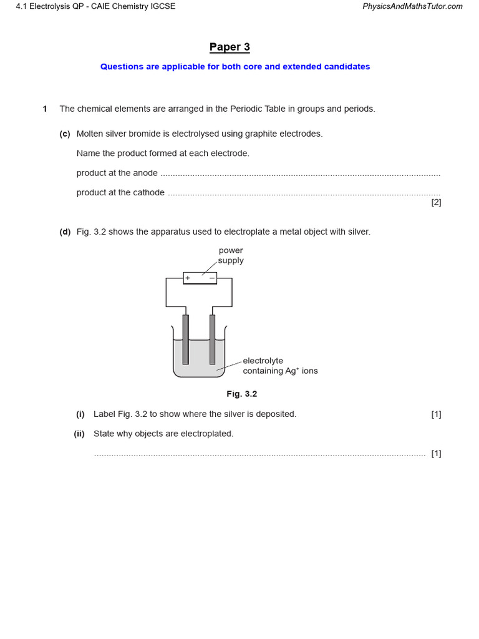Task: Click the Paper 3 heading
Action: (230, 47)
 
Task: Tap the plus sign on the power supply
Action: (188, 278)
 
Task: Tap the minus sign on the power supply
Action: (212, 278)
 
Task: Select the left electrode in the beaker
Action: (185, 339)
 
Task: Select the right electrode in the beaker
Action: (212, 339)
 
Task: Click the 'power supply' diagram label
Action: (231, 255)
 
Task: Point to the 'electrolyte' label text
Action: (263, 361)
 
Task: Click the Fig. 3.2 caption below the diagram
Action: (242, 394)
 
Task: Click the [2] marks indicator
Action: (436, 202)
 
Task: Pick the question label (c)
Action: (65, 134)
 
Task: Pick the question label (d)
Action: (65, 232)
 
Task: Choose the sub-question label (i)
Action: (80, 414)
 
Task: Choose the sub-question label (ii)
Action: (79, 434)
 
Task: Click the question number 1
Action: (45, 109)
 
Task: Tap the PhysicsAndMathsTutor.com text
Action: (412, 6)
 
